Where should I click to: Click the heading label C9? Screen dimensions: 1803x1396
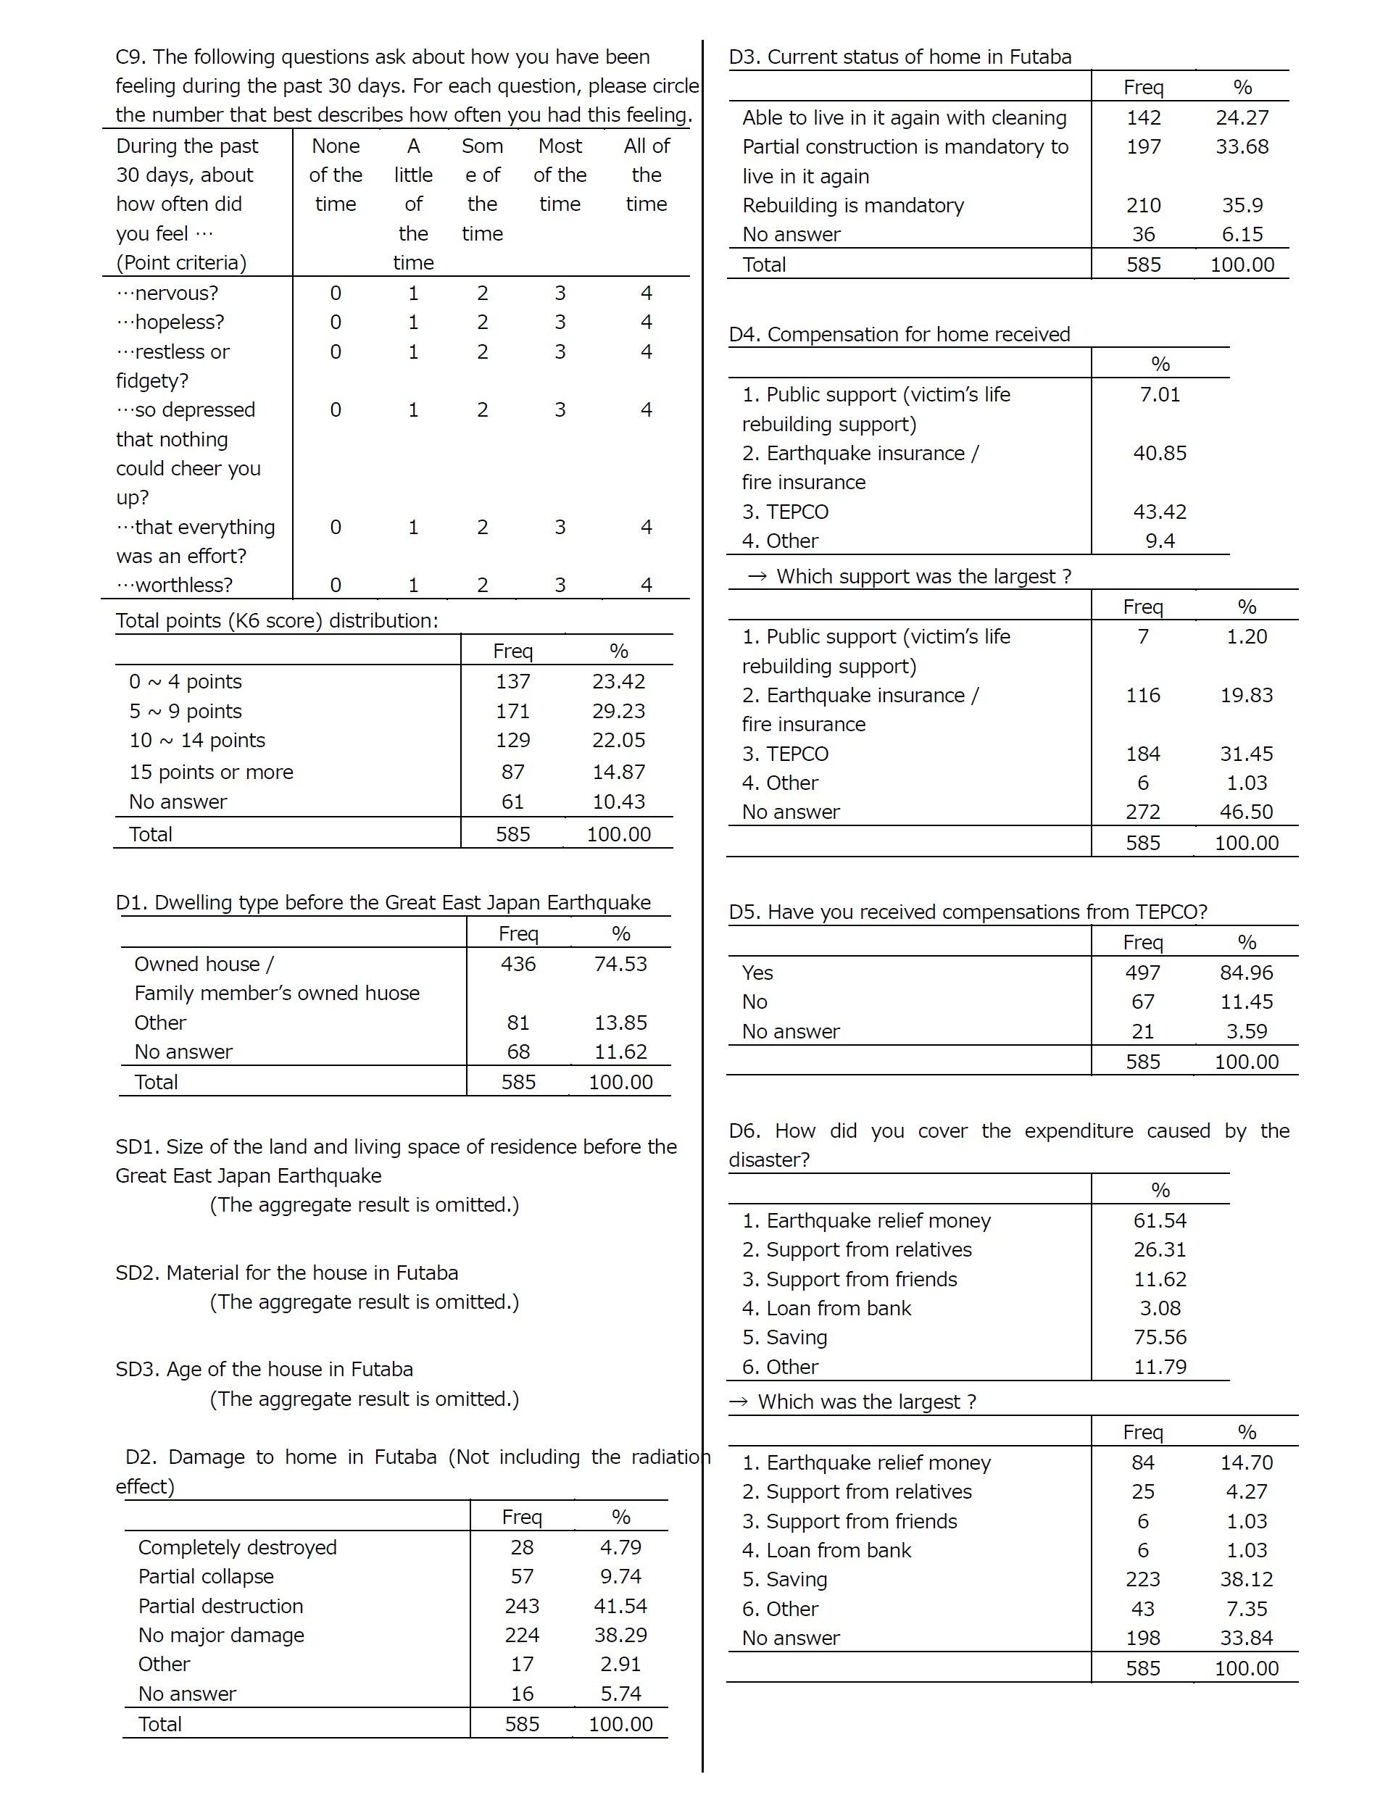tap(130, 57)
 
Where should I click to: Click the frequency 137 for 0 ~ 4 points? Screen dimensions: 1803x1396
tap(512, 682)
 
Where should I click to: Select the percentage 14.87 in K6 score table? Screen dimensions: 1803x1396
tap(618, 772)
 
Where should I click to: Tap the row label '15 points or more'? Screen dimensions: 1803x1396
tap(212, 772)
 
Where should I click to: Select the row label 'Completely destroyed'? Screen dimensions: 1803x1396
tap(238, 1547)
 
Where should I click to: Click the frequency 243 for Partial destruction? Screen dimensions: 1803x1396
tap(522, 1606)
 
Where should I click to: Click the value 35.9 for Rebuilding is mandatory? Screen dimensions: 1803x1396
tap(1242, 206)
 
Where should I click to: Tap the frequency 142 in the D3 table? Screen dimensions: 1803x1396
tap(1143, 118)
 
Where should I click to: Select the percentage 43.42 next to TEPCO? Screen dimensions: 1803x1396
tap(1159, 512)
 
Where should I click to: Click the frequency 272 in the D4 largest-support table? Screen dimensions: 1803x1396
tap(1142, 812)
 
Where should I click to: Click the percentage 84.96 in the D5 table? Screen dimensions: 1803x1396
tap(1246, 973)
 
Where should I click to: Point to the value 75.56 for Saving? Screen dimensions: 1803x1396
tap(1159, 1336)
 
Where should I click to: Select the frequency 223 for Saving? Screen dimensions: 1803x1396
tap(1142, 1579)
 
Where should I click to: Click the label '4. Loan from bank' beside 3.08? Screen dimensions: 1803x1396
tap(826, 1307)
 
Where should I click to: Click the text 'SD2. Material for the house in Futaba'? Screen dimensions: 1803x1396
tap(286, 1272)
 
